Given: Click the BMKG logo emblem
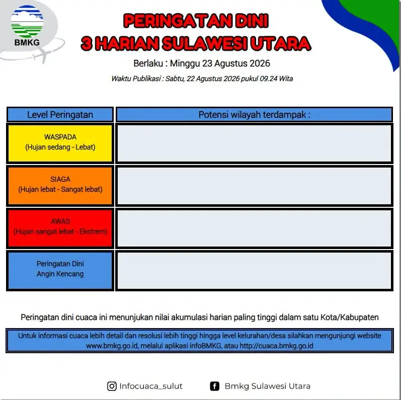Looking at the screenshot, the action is click(x=27, y=21).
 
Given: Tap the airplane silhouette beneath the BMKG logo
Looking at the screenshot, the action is click(x=42, y=55).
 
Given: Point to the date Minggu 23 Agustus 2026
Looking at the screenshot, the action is click(x=220, y=63).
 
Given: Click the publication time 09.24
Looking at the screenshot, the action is click(x=269, y=78).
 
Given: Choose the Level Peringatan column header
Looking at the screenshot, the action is click(x=60, y=115).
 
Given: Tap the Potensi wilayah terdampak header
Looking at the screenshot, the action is click(x=254, y=115).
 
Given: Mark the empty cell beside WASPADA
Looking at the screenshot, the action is click(x=254, y=143).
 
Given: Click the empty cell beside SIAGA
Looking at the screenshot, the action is click(x=254, y=186).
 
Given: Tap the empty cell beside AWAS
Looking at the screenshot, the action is click(x=254, y=228).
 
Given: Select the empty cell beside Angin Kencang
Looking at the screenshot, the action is click(x=254, y=271).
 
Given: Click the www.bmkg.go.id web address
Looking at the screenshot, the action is click(x=112, y=346).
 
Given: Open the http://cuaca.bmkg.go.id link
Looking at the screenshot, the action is click(x=276, y=346).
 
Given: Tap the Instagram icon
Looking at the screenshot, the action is click(x=112, y=386).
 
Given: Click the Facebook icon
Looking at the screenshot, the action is click(x=214, y=386).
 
